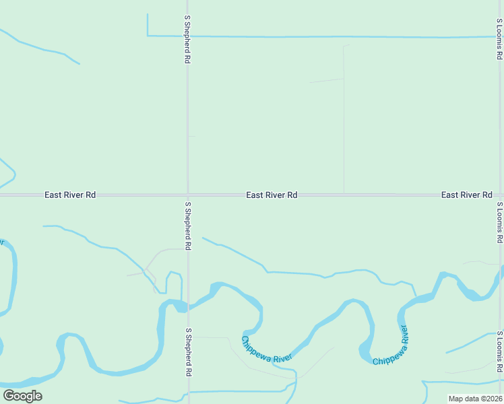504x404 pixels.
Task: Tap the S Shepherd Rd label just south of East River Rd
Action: coord(188,226)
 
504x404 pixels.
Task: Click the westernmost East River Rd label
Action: coord(70,195)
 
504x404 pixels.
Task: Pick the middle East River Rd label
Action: coord(272,195)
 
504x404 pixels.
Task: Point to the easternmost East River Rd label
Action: coord(466,195)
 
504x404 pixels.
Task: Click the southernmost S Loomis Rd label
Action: coord(499,352)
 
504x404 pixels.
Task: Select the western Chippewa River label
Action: coord(267,349)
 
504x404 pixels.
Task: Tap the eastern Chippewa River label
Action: coord(391,346)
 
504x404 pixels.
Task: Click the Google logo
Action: coord(22,395)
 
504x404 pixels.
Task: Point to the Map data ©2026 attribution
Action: coord(475,399)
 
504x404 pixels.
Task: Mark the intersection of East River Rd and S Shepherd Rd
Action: coord(188,195)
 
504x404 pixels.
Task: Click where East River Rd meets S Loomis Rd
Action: coord(499,195)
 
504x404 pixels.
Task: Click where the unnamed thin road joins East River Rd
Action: coord(344,195)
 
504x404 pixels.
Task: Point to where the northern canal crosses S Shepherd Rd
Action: coord(188,36)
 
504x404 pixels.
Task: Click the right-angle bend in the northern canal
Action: coord(148,35)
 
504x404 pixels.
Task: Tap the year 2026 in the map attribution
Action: coord(492,399)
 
